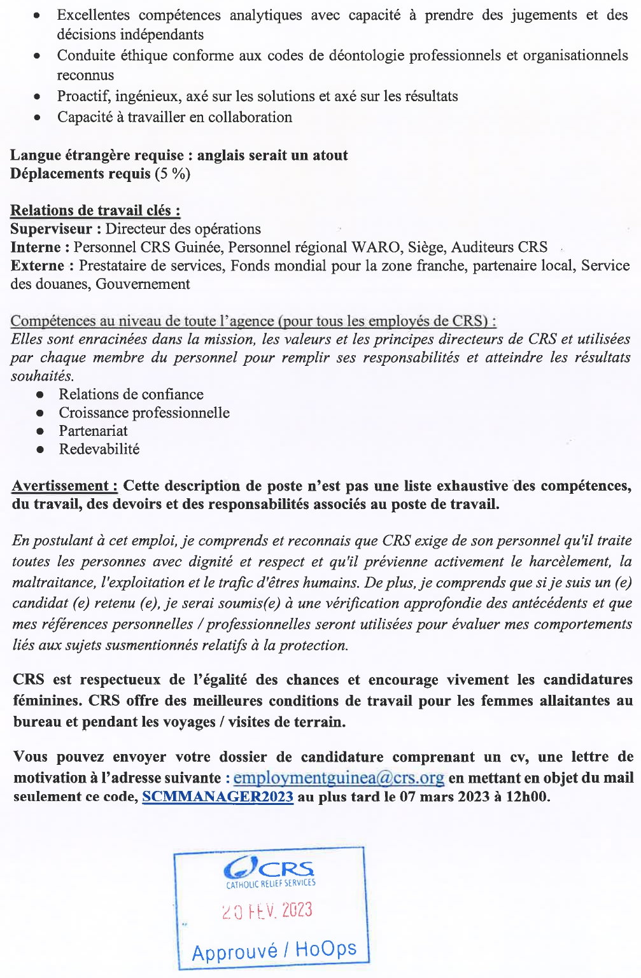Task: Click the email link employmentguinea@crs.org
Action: [x=339, y=778]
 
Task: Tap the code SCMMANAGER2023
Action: [x=218, y=797]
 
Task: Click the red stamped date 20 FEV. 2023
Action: [x=267, y=911]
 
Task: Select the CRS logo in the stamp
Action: [x=269, y=868]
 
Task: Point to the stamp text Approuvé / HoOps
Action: [x=274, y=951]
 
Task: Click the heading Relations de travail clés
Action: [x=95, y=211]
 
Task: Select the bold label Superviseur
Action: [x=52, y=229]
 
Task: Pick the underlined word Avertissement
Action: [x=64, y=486]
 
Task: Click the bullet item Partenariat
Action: [x=93, y=431]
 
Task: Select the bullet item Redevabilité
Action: [x=99, y=449]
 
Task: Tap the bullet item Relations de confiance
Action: [x=131, y=395]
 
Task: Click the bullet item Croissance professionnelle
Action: [x=144, y=413]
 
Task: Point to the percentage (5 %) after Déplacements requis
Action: [x=173, y=174]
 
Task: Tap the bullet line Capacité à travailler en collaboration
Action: [x=174, y=118]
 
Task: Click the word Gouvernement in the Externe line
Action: [x=143, y=284]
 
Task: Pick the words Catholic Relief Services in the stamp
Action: [x=271, y=884]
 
